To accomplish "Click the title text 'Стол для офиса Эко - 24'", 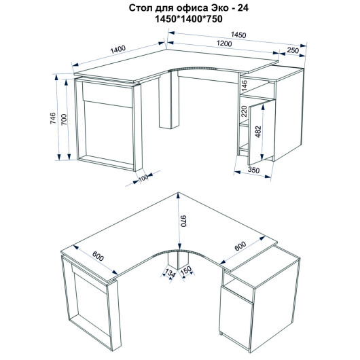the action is click(x=189, y=8).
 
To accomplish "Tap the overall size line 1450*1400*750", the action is click(x=189, y=19).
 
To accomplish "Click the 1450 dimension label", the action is click(x=238, y=35).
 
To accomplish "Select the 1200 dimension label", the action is click(x=224, y=43).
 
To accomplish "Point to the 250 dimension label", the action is click(x=293, y=50).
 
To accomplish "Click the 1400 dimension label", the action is click(x=118, y=50).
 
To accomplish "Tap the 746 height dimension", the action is click(x=53, y=118).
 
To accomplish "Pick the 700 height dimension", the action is click(x=64, y=120).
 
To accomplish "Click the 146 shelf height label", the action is click(x=245, y=85).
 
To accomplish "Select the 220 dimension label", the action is click(x=244, y=111).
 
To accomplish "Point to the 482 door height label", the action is click(x=259, y=132).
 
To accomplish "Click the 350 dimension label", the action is click(x=254, y=170).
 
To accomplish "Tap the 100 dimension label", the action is click(x=144, y=178).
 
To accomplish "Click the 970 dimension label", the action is click(x=184, y=221).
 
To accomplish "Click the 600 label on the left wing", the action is click(x=98, y=256).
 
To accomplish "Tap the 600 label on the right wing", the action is click(x=240, y=246).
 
